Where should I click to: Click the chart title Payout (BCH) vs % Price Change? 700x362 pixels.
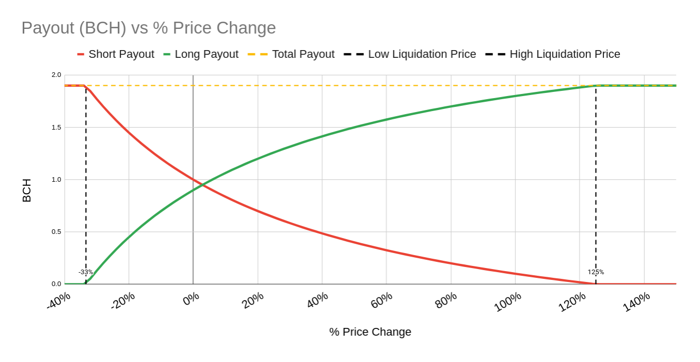point(149,28)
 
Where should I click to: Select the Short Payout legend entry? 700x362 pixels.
point(116,54)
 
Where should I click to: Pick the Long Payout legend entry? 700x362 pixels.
point(201,54)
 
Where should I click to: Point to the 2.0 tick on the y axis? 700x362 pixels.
point(56,75)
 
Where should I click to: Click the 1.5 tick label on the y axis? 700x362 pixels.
point(56,128)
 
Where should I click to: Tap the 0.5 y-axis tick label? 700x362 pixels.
point(56,232)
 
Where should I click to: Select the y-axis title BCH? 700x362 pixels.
point(27,190)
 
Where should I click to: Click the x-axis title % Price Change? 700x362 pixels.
point(370,332)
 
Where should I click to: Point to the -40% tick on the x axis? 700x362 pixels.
point(59,301)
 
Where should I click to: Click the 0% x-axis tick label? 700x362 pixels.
point(191,299)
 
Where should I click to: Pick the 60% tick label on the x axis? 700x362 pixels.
point(381,300)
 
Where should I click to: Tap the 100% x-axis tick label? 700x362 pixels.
point(508,302)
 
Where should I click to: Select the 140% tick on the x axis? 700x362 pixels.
point(636,302)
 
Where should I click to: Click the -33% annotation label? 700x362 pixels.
point(86,272)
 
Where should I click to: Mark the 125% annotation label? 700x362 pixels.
point(596,272)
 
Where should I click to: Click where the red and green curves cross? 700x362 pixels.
point(202,184)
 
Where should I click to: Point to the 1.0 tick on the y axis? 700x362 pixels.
point(56,180)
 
